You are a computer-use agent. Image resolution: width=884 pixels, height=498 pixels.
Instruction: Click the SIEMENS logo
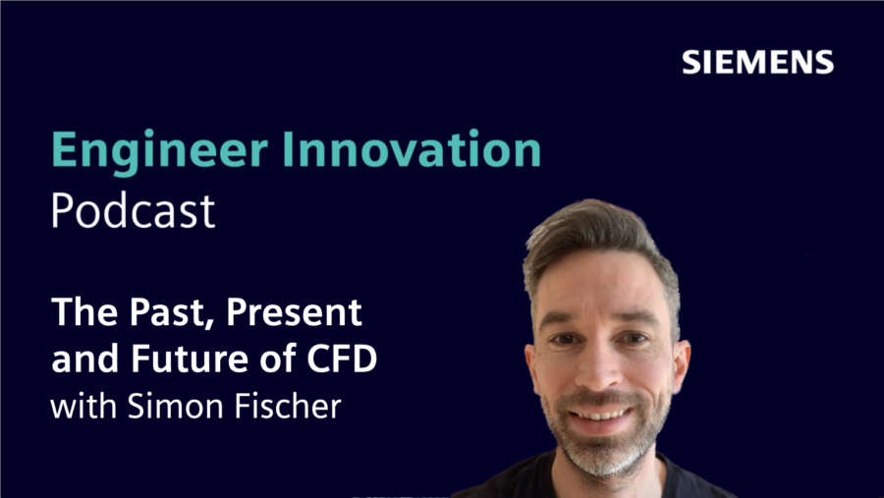[757, 63]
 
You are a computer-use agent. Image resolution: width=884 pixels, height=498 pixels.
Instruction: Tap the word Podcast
[133, 211]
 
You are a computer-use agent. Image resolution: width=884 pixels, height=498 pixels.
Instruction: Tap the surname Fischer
[285, 405]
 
